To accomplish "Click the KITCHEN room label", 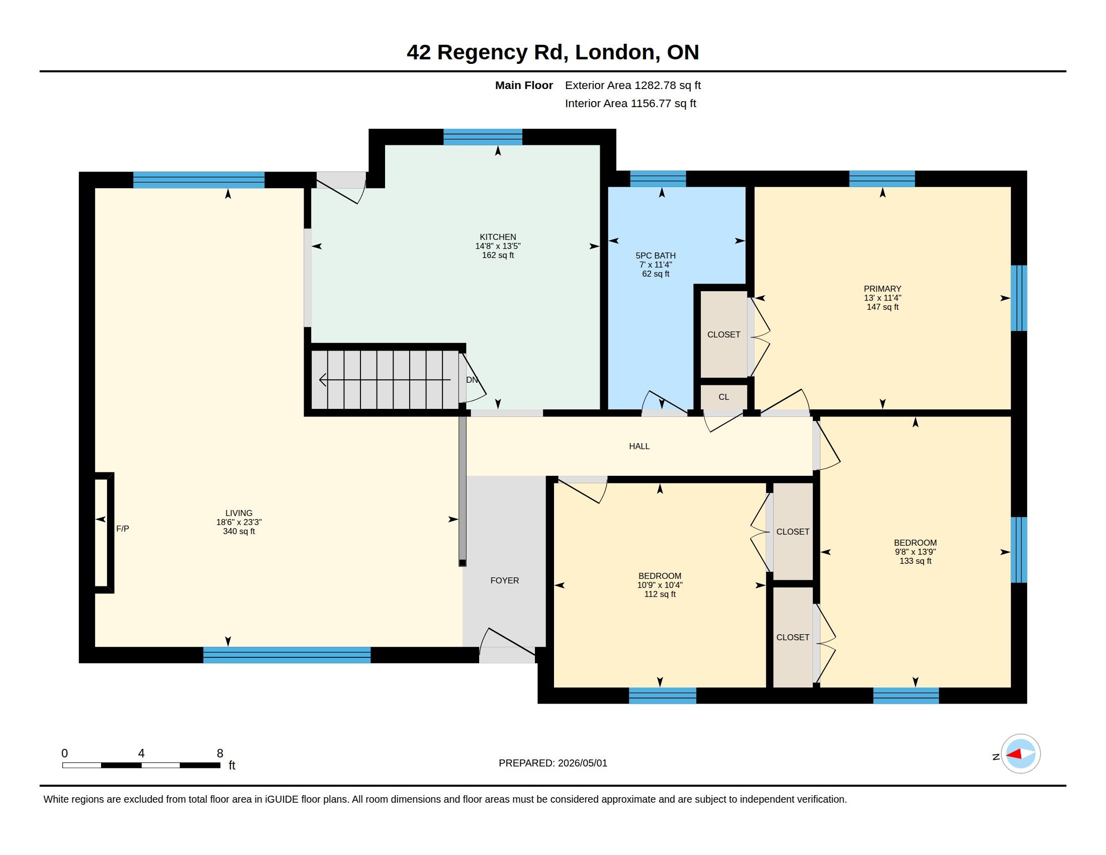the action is [498, 236].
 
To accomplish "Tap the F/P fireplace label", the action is [123, 528].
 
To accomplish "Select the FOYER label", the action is [504, 580].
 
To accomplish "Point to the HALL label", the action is [639, 446].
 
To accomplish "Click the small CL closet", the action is [723, 397].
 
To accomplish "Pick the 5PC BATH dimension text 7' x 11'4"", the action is [656, 265].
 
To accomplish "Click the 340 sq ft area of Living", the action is [239, 531].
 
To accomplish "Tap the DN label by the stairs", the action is [472, 379].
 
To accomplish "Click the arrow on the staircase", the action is [385, 379].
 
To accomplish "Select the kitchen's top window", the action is [483, 137].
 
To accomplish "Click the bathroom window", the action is [658, 179].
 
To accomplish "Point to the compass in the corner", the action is [1021, 754].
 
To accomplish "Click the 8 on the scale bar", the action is [220, 753].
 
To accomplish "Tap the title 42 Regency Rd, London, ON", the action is [553, 52].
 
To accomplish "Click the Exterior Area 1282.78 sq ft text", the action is [633, 85].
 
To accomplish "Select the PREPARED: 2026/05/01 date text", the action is [553, 763].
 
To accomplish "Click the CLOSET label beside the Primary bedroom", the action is [723, 334].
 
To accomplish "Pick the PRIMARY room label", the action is [883, 289].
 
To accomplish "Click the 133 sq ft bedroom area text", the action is [915, 561].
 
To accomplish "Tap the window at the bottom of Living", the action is [287, 655].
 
